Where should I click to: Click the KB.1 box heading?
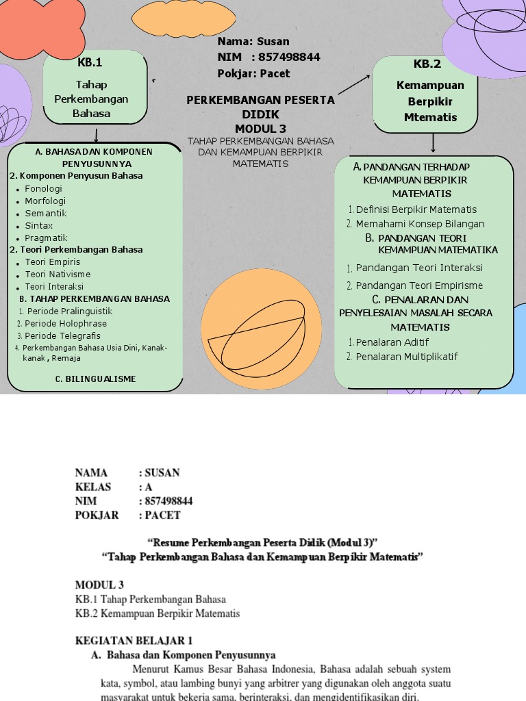(90, 63)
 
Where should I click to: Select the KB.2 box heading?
(427, 64)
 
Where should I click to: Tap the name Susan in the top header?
(273, 41)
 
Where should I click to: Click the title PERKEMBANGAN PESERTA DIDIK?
(260, 107)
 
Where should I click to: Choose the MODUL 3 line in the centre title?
(260, 129)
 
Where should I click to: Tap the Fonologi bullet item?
(43, 188)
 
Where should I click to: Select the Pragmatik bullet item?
(46, 238)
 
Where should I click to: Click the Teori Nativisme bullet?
(58, 274)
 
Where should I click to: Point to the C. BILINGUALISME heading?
(95, 379)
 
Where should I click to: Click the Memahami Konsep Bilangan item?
(420, 224)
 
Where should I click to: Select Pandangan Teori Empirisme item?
(419, 285)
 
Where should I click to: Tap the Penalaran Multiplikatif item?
(407, 356)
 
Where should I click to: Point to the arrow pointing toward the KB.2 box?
(353, 84)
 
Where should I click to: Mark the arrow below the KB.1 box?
(92, 133)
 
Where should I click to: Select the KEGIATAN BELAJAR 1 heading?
(134, 641)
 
